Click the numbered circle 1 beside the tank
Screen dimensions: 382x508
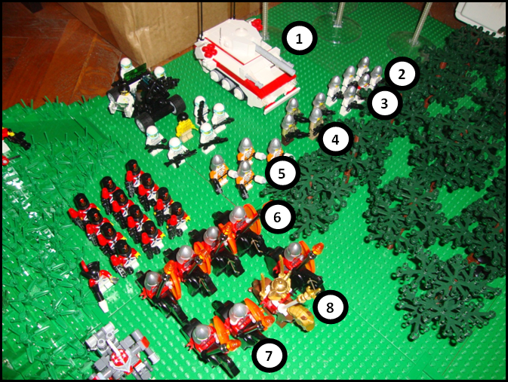pos(300,38)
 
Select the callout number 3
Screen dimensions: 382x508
pos(385,103)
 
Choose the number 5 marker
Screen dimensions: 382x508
pos(282,173)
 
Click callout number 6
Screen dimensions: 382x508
pos(277,217)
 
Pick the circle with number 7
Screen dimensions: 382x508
pos(269,353)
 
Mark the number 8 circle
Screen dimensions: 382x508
pos(329,306)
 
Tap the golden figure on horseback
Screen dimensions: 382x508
pos(281,298)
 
